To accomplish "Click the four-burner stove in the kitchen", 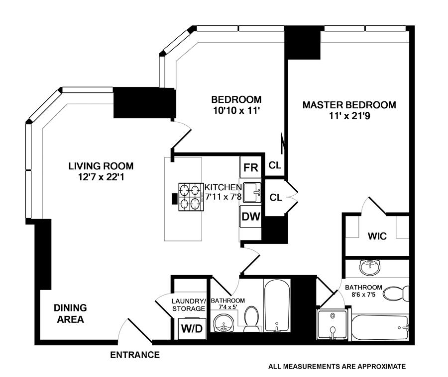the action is click(x=191, y=197).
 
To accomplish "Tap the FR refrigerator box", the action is click(x=250, y=167).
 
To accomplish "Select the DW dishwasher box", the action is click(x=250, y=217).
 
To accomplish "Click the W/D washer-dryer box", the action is click(x=192, y=328).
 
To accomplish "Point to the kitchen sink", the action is click(x=252, y=193).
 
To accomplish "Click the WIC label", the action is click(x=377, y=236).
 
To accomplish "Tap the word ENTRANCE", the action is click(x=135, y=355).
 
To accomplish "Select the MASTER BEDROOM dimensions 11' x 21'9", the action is click(x=349, y=116).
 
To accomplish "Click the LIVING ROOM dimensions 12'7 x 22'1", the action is click(x=101, y=177).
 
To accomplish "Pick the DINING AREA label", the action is click(x=70, y=313).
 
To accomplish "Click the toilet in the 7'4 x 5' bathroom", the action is click(x=251, y=319).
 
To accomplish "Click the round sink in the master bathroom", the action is click(x=370, y=267).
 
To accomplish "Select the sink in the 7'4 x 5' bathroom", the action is click(x=224, y=323).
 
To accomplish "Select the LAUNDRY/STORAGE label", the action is click(x=189, y=305).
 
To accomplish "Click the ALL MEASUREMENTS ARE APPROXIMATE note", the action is click(x=337, y=367).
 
